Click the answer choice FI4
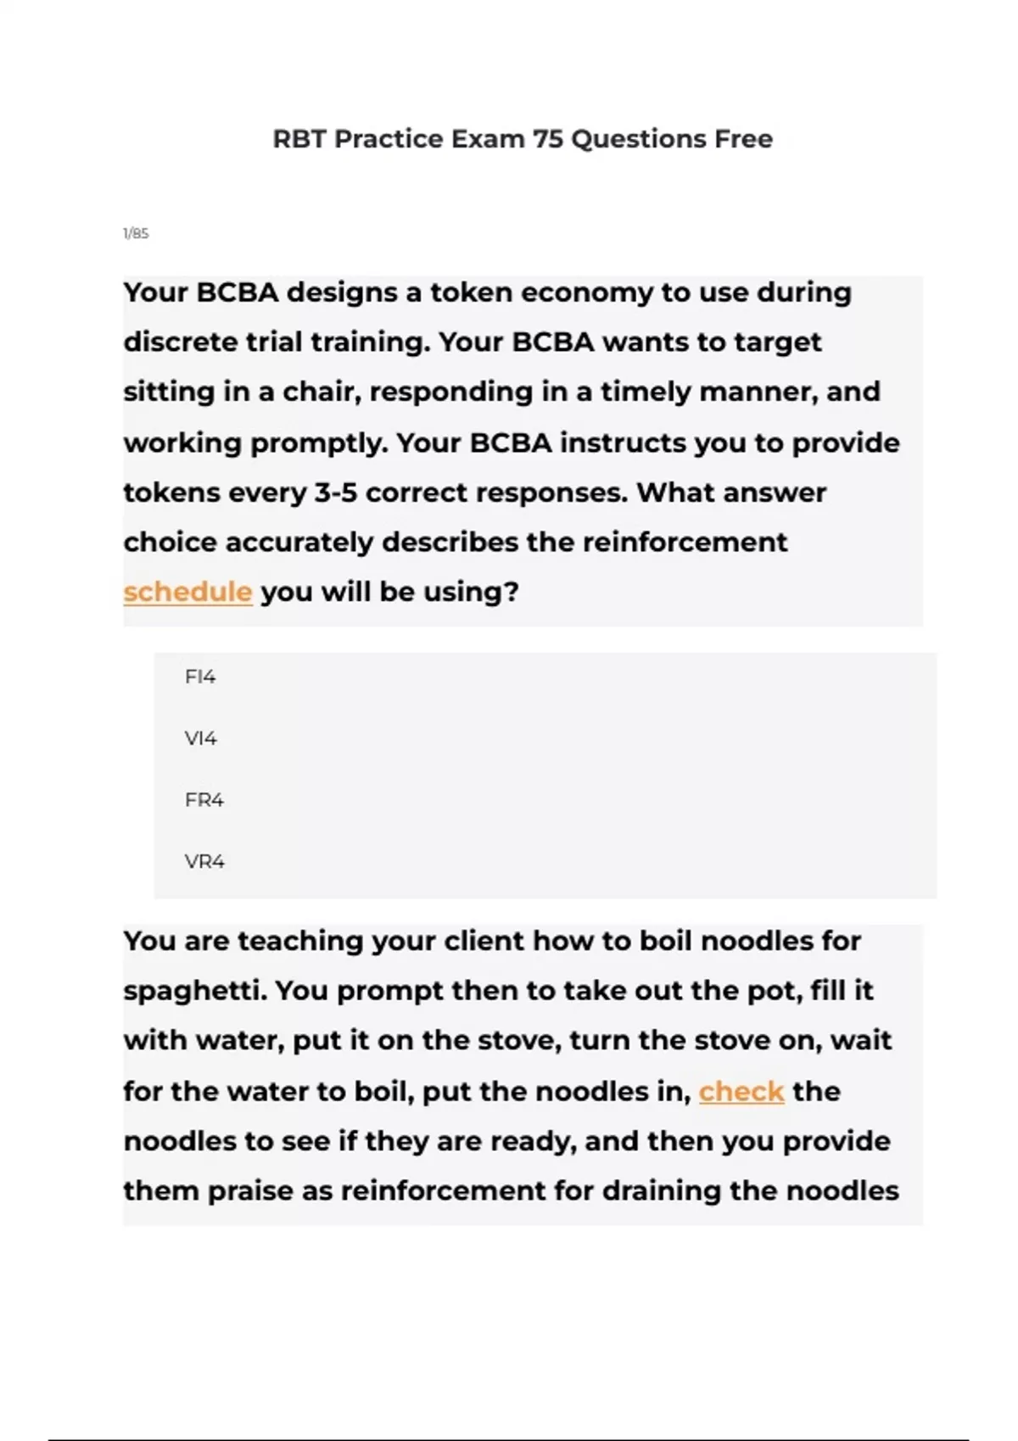click(x=200, y=676)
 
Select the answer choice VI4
click(x=201, y=738)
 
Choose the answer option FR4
click(x=204, y=800)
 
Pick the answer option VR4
click(x=204, y=862)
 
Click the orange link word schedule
click(x=187, y=592)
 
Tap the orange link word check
click(x=741, y=1092)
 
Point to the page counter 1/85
click(x=136, y=233)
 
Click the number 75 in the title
click(x=547, y=139)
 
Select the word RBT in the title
click(x=299, y=139)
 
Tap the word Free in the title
click(x=743, y=139)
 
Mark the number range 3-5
click(x=336, y=492)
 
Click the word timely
click(x=648, y=392)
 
